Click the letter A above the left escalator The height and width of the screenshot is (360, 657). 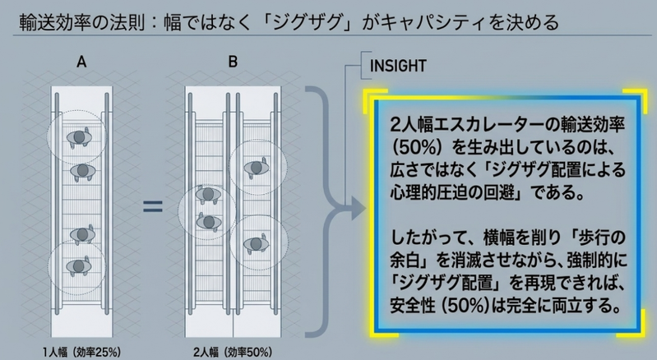tap(81, 62)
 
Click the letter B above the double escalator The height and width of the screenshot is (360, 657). tap(233, 62)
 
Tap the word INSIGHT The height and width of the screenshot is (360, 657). tap(398, 66)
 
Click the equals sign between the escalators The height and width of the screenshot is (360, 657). tap(152, 206)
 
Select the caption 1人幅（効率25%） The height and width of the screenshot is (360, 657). tap(81, 352)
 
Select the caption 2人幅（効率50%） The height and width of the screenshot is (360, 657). tap(233, 352)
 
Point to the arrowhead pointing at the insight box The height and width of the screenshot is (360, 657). tap(358, 209)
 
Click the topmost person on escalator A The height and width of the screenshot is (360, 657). tap(79, 137)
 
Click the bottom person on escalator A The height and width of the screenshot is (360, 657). tap(79, 265)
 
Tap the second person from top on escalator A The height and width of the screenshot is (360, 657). tap(82, 171)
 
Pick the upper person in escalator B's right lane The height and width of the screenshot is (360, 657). tap(257, 168)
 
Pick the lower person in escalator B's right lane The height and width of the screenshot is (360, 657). tap(256, 243)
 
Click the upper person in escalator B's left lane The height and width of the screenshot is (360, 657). tap(208, 194)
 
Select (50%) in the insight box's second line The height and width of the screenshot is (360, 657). tap(418, 147)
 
